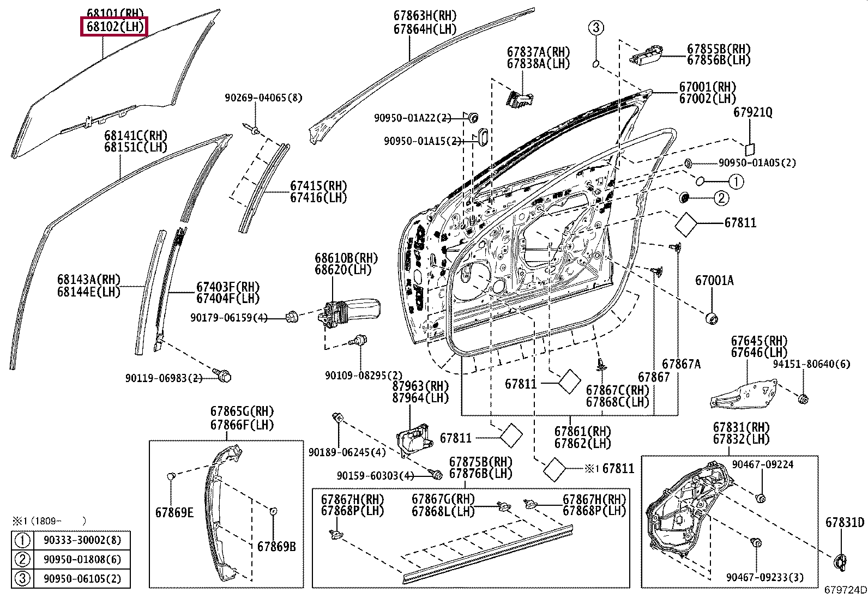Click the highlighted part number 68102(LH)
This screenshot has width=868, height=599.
click(x=115, y=27)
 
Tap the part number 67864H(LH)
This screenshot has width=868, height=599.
click(x=425, y=29)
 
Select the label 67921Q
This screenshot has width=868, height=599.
click(x=752, y=112)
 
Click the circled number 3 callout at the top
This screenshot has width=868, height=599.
click(x=596, y=27)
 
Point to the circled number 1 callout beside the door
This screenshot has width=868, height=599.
click(x=736, y=181)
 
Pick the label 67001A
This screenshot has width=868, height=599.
click(x=714, y=280)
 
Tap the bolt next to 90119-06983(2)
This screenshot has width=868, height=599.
click(x=222, y=374)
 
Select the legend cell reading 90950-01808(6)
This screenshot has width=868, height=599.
click(x=82, y=559)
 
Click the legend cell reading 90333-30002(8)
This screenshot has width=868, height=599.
click(x=82, y=540)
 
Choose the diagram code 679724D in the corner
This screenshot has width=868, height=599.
click(x=845, y=589)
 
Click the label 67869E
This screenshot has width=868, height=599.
click(x=174, y=512)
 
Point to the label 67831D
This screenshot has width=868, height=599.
click(x=845, y=522)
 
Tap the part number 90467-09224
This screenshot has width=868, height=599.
click(x=763, y=464)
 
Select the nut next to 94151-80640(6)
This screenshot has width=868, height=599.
click(x=803, y=398)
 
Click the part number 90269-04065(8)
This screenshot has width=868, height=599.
click(x=263, y=98)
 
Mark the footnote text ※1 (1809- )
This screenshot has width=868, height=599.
click(x=49, y=521)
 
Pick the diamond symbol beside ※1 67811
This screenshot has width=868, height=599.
click(x=554, y=470)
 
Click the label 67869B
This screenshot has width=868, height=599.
click(x=276, y=546)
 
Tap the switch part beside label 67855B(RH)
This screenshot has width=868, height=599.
click(x=646, y=55)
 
